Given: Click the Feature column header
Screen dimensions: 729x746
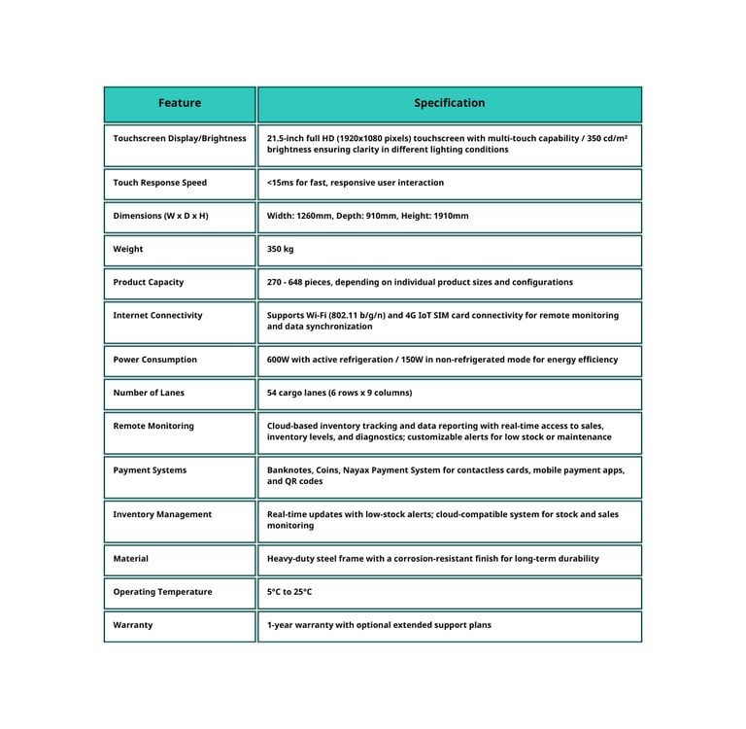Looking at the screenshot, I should point(180,103).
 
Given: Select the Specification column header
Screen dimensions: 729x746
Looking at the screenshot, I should point(449,103).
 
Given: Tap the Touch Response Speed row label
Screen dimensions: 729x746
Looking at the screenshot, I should point(159,183).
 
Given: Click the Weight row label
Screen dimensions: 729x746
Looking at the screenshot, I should point(128,249).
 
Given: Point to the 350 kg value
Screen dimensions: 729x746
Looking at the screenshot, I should point(280,249).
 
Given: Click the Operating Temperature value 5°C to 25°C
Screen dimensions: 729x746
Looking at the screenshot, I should point(289,592).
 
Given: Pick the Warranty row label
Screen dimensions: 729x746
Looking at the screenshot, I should point(133,625).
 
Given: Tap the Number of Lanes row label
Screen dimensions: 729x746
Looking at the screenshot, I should point(149,393).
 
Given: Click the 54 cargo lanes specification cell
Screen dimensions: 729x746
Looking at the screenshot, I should point(339,393).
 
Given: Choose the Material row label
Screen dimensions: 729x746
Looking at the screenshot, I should point(131,559).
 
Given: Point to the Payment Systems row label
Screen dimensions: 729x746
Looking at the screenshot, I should point(150,470).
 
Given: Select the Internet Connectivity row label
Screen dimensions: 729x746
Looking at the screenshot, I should point(157,316).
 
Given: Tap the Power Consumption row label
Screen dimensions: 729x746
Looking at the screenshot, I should point(154,360).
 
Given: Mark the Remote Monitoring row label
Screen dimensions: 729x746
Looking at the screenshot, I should point(153,426).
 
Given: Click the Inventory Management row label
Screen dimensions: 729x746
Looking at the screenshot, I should point(161,514).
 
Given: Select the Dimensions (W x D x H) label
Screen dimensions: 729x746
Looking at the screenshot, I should point(160,216).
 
